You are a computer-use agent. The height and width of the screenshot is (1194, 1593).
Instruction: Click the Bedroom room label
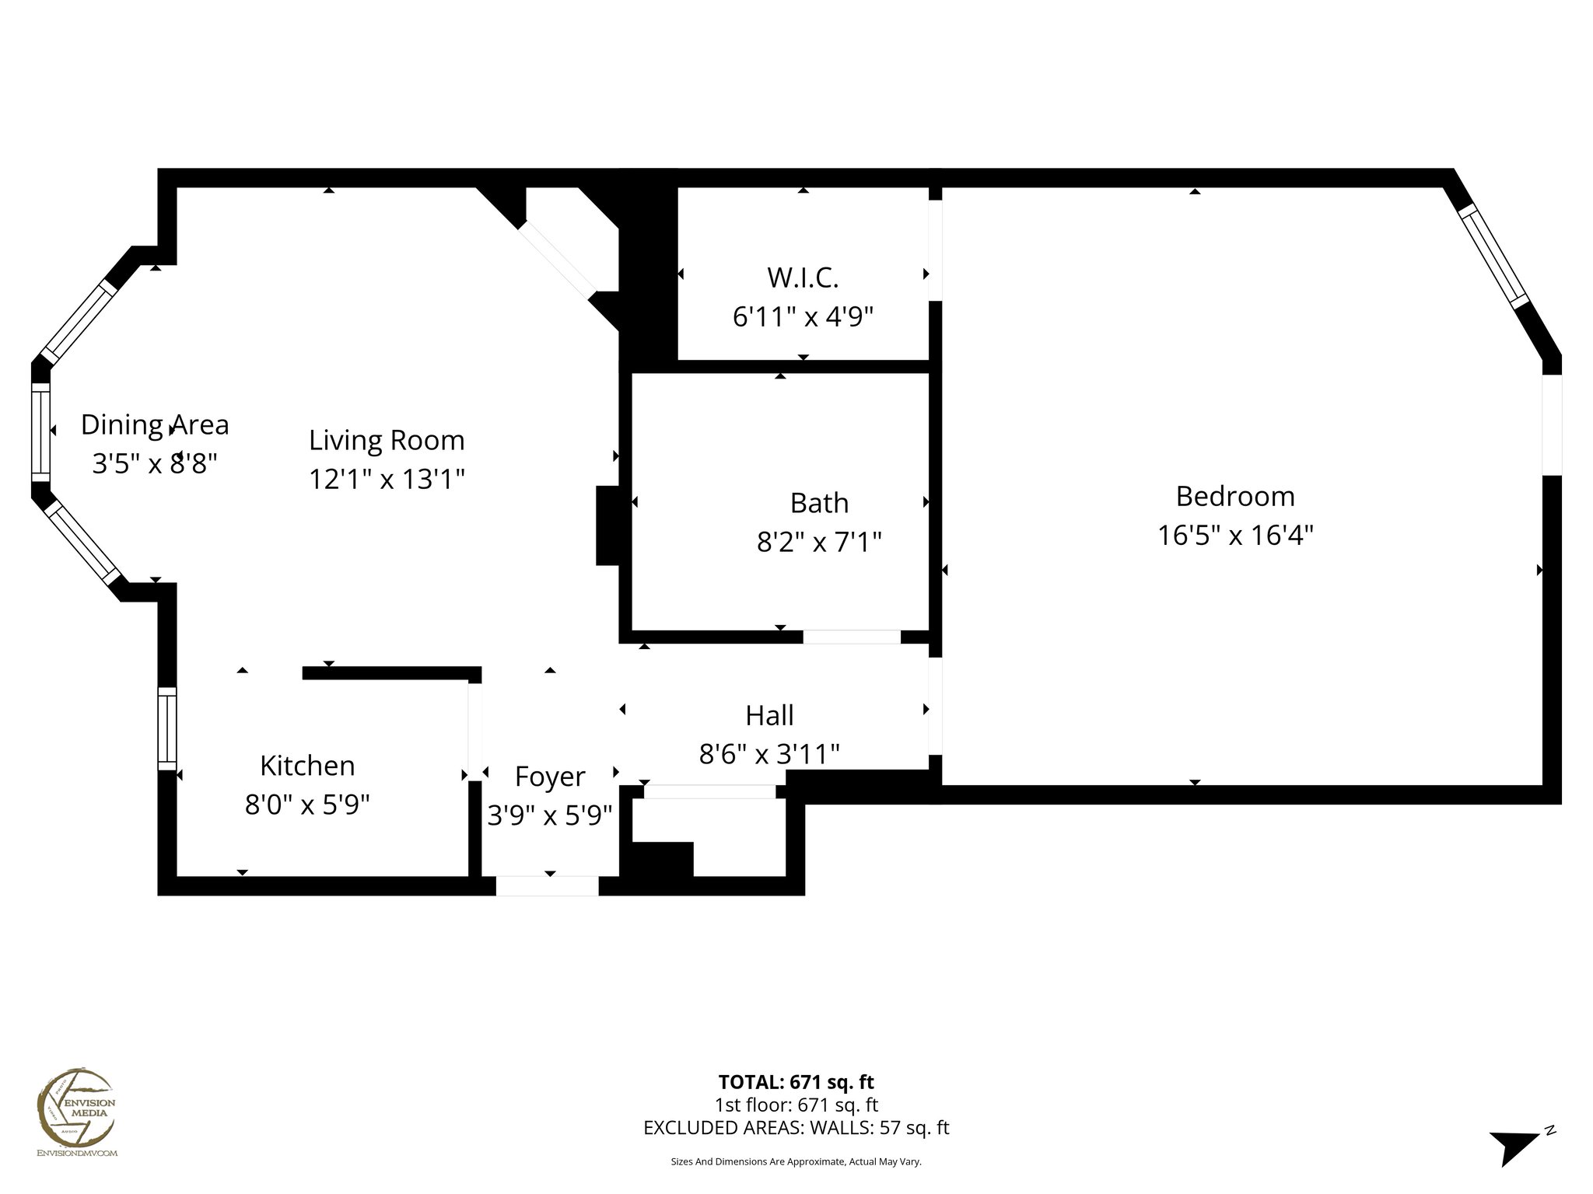[x=1234, y=496]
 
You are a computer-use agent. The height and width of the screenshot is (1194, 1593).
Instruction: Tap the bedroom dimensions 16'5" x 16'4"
[x=1234, y=536]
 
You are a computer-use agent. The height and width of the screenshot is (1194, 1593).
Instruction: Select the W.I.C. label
[x=803, y=277]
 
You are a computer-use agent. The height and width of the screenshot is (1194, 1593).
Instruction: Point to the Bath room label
[x=818, y=503]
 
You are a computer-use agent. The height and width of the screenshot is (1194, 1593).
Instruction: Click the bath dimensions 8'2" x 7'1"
[x=818, y=542]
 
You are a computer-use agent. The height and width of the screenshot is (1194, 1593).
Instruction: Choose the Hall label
[x=768, y=715]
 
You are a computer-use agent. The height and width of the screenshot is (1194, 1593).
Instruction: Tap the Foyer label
[x=549, y=777]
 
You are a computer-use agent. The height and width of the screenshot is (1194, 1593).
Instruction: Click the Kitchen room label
[x=307, y=766]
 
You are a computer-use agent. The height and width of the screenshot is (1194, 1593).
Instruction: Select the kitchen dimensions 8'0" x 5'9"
[x=307, y=805]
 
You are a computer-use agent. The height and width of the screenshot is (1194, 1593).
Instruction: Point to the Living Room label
[x=387, y=440]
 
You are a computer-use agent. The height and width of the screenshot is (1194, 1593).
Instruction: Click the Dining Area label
[x=155, y=424]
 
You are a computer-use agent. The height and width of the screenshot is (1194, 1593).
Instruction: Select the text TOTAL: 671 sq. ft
[x=796, y=1081]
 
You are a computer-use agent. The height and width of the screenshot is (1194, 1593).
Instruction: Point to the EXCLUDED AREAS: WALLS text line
[x=796, y=1127]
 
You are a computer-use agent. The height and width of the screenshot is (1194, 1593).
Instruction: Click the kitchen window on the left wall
[x=167, y=728]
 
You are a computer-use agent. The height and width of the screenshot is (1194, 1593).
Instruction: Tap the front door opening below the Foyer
[x=548, y=885]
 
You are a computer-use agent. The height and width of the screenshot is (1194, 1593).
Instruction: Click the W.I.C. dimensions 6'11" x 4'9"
[x=803, y=317]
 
